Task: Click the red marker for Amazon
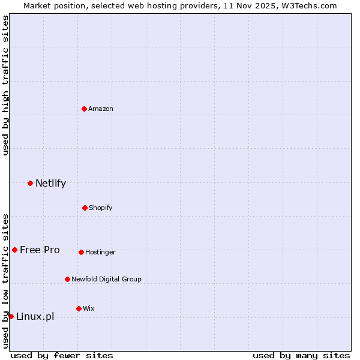[85, 109]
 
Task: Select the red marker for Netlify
[30, 183]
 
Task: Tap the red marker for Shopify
[85, 208]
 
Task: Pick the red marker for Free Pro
[14, 250]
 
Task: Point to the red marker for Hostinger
[81, 252]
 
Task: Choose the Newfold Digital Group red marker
[67, 279]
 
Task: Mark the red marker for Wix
[79, 308]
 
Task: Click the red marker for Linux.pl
[11, 316]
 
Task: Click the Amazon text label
[101, 109]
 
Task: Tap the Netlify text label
[50, 183]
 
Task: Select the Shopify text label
[101, 208]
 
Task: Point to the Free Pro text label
[40, 250]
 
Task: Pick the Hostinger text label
[100, 252]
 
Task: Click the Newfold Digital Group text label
[106, 279]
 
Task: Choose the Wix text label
[89, 308]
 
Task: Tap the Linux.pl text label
[35, 316]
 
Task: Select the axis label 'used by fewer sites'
[62, 355]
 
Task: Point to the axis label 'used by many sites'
[301, 355]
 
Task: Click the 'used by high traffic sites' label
[5, 85]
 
